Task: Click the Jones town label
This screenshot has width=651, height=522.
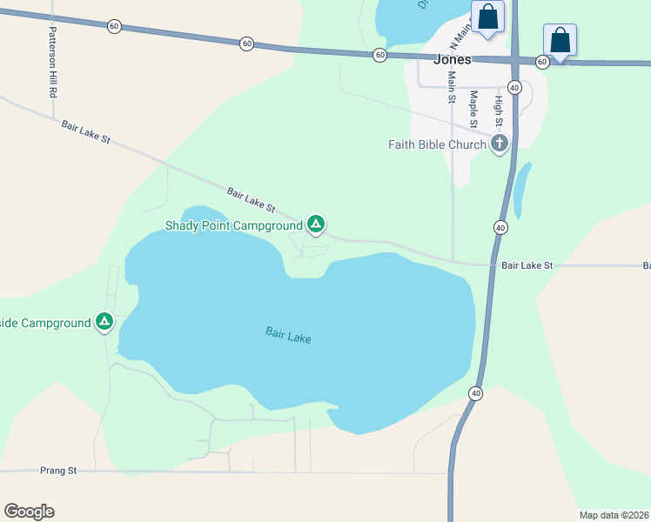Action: pos(452,60)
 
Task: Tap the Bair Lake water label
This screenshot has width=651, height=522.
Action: pos(288,335)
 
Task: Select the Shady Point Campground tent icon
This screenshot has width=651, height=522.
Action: pos(316,225)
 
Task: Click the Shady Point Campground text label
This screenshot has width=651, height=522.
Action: pos(234,226)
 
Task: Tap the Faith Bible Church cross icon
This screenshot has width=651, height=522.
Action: pos(499,144)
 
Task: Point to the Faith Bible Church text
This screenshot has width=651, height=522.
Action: pos(437,144)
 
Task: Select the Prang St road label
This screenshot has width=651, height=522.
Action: pos(58,471)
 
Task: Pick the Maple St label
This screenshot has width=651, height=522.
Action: pos(474,109)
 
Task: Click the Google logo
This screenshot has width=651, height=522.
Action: pos(29,511)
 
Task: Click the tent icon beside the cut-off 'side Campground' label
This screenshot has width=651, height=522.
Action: pos(104,323)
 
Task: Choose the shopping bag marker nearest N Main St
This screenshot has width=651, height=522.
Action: pos(487,17)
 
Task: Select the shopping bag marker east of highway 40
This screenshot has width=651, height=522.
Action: pos(560,40)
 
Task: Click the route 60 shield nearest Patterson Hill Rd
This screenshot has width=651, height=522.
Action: pos(115,26)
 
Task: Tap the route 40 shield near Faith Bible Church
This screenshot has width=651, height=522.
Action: pos(514,88)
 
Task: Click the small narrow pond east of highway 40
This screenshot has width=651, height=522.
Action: pos(521,190)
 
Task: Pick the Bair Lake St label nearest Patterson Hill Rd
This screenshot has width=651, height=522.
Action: pos(86,132)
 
